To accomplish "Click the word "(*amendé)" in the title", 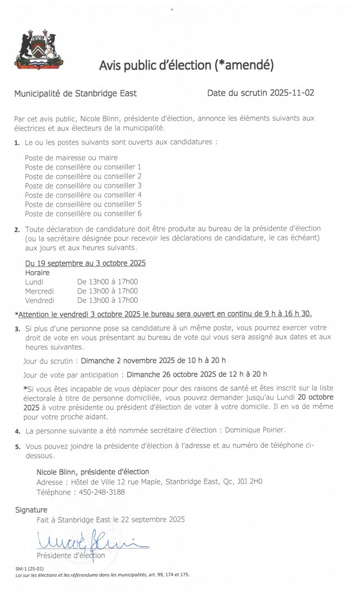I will coord(243,66).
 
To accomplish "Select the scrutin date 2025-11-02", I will coord(289,93).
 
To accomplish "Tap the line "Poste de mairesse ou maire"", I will coord(71,158).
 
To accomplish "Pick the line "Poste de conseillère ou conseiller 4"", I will coord(83,195).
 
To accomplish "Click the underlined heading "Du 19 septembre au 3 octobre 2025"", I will coord(85,263).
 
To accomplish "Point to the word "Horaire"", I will coord(38,272).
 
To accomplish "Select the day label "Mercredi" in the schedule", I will coord(40,291).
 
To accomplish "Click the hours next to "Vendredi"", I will coord(108,300).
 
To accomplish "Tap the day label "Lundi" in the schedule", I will coord(34,282).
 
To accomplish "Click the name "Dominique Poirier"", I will coord(255,431).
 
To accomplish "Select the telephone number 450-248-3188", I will coord(101,491).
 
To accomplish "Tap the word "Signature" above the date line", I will coord(31,510).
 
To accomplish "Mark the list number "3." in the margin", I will coord(18,329).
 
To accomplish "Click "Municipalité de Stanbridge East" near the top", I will coord(76,94).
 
